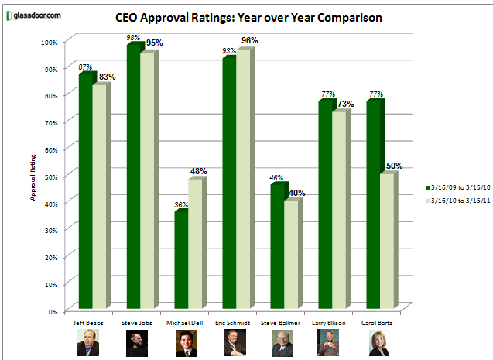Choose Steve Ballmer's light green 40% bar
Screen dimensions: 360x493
point(291,255)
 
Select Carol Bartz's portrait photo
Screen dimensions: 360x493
point(380,341)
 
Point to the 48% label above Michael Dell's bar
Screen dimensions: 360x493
point(198,170)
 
